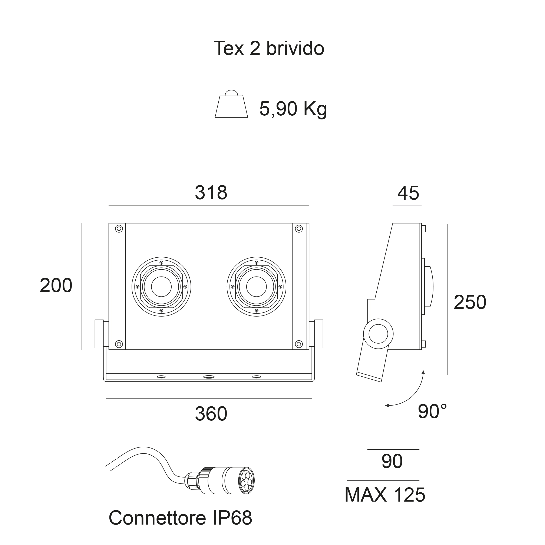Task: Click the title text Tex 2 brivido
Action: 269,48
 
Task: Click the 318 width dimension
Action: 211,193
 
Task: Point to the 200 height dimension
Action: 56,285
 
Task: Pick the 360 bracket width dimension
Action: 211,414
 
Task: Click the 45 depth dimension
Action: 408,193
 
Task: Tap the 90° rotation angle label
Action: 432,412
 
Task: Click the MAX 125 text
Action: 385,495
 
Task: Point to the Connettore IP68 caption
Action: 180,518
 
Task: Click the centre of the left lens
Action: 161,287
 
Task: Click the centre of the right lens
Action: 256,287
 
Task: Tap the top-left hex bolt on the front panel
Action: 119,229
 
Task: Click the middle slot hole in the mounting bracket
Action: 209,377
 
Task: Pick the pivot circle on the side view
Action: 378,334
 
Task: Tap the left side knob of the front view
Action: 99,334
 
